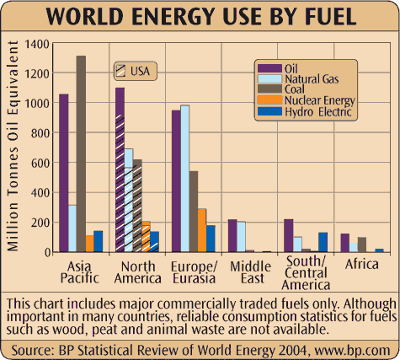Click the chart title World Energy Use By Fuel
[x=200, y=18]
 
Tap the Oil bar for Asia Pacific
[x=64, y=173]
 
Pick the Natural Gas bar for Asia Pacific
[x=72, y=228]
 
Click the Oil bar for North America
[x=120, y=169]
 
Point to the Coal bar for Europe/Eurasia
[x=194, y=211]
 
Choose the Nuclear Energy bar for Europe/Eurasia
[x=202, y=230]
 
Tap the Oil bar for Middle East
[x=232, y=235]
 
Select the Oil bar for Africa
[x=344, y=243]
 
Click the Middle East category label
[x=243, y=272]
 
